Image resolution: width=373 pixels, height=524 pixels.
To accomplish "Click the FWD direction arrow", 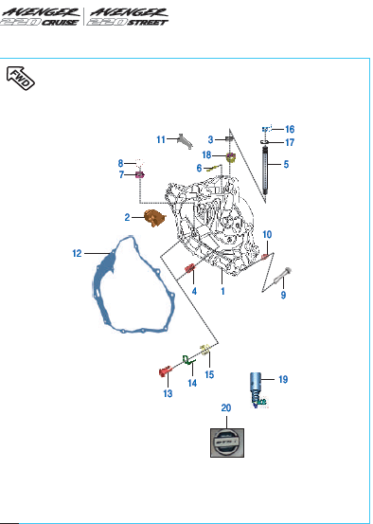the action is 21,79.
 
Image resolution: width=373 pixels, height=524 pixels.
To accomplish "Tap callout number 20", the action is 226,408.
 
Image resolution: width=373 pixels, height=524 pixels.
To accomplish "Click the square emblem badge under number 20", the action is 227,443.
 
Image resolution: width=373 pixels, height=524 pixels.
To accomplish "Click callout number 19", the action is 283,380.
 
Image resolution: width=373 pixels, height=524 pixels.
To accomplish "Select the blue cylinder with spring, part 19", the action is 258,389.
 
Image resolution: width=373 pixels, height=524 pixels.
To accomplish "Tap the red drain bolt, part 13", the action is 165,370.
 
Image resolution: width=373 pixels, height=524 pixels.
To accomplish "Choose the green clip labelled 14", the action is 187,360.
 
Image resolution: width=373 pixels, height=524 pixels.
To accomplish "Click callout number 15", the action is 209,374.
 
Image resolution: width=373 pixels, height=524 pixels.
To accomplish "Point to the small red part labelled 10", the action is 265,257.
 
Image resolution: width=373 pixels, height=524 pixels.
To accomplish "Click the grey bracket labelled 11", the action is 185,141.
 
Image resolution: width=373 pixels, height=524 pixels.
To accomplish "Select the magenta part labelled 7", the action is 139,174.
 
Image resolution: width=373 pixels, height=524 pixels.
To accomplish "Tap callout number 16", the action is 289,129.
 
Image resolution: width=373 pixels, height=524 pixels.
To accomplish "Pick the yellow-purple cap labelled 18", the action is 231,156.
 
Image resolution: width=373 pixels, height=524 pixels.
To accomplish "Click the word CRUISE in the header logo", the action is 60,23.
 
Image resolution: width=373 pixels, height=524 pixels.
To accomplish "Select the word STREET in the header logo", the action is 148,23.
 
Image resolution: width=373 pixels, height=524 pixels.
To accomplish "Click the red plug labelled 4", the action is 189,267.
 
